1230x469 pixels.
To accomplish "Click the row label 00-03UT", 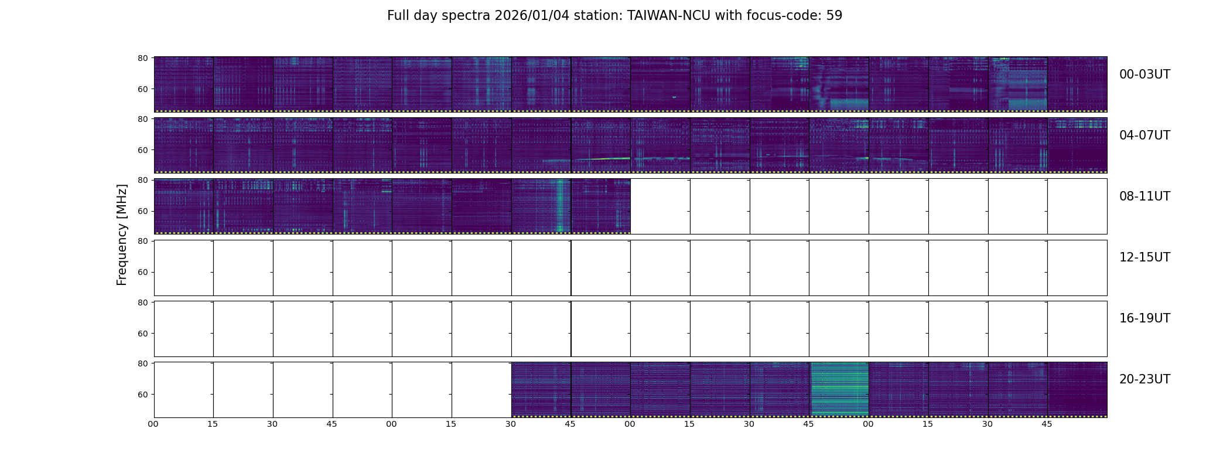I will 1144,74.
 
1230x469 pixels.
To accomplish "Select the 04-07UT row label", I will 1144,135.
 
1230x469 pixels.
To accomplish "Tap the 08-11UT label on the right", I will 1144,196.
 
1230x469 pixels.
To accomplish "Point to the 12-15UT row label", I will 1144,257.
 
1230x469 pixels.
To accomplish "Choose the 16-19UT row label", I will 1144,318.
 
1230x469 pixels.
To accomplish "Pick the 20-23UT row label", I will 1144,379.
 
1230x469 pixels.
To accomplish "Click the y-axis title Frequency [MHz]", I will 122,235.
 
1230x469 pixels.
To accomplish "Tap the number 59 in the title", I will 834,16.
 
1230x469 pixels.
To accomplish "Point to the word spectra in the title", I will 466,16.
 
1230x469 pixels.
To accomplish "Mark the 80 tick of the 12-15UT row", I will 142,241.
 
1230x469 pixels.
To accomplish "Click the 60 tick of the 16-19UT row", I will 142,334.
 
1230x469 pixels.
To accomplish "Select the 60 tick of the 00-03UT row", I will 142,89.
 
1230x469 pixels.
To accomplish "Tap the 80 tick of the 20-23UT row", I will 142,363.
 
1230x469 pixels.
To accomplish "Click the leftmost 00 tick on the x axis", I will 153,424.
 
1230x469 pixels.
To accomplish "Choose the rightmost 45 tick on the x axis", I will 1047,424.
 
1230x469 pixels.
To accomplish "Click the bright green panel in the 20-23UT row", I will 839,389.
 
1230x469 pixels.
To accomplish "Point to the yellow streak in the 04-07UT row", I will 609,158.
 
